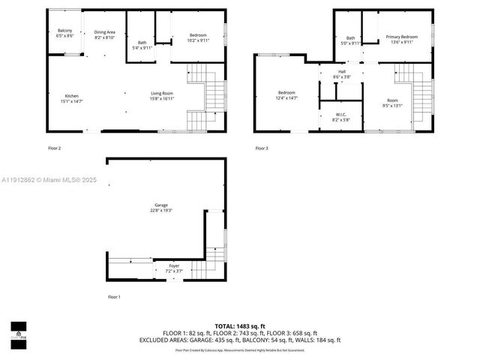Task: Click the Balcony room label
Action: point(64,33)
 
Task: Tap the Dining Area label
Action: point(105,34)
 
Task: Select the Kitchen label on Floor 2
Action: point(72,98)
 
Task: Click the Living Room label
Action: point(162,95)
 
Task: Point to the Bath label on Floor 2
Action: point(142,44)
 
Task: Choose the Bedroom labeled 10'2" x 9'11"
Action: point(198,37)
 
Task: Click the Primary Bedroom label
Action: point(401,39)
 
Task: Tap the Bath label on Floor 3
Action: point(350,40)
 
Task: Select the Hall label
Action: point(341,74)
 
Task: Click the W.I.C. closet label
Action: point(341,116)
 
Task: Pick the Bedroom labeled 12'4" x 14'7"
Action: point(286,95)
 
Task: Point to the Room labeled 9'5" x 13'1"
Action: point(392,103)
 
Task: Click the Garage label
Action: point(160,208)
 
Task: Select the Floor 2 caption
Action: point(54,148)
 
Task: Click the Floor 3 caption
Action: point(261,148)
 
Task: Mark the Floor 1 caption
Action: point(113,297)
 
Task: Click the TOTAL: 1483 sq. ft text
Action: point(239,325)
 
